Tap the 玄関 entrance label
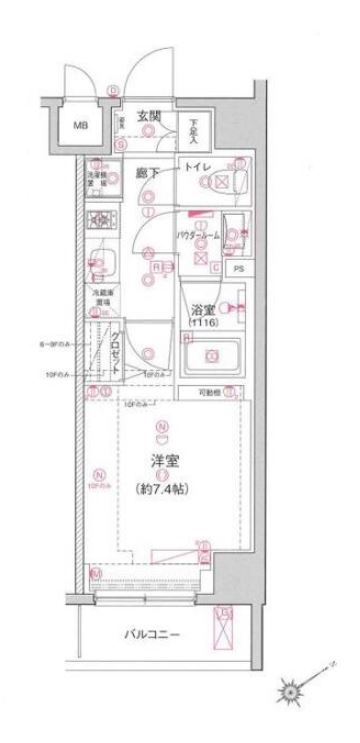pyautogui.click(x=150, y=117)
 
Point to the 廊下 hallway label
pyautogui.click(x=150, y=172)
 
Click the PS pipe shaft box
pyautogui.click(x=237, y=269)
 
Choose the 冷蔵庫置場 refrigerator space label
pyautogui.click(x=98, y=296)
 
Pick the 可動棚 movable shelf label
pyautogui.click(x=234, y=392)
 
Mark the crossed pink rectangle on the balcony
pyautogui.click(x=225, y=627)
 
